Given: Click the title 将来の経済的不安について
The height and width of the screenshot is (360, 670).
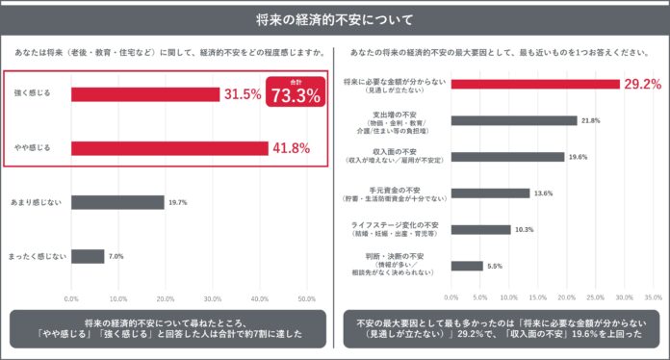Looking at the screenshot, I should pyautogui.click(x=334, y=19).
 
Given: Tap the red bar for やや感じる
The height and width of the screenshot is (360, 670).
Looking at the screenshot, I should pyautogui.click(x=168, y=148).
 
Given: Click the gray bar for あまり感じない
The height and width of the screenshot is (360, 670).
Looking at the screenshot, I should pyautogui.click(x=116, y=202).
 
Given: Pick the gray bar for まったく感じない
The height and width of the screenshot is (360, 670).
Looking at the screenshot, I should pyautogui.click(x=87, y=256).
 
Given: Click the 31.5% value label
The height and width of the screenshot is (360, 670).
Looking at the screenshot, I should pyautogui.click(x=244, y=94).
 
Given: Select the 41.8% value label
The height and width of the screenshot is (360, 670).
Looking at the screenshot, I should pyautogui.click(x=292, y=148).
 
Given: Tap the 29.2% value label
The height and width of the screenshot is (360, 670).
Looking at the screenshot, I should pyautogui.click(x=642, y=85).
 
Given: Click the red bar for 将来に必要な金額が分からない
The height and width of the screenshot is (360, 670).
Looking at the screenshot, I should pyautogui.click(x=535, y=85).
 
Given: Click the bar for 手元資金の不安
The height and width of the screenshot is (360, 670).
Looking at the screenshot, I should pyautogui.click(x=490, y=193).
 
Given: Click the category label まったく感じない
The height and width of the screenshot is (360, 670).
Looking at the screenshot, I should pyautogui.click(x=38, y=256).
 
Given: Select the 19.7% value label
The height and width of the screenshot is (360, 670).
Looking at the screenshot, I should pyautogui.click(x=178, y=202).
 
